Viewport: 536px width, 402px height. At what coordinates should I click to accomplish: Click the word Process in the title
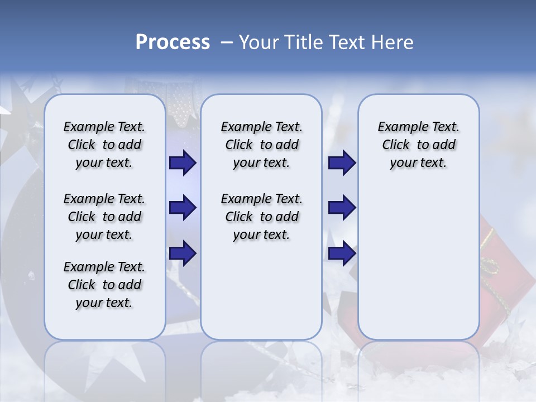[173, 42]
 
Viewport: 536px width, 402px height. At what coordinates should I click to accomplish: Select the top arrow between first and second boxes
[182, 162]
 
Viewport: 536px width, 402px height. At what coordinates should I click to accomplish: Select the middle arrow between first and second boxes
[182, 208]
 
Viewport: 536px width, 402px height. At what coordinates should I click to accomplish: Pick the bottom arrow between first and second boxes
[182, 253]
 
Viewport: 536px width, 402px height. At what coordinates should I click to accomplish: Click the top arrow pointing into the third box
[342, 162]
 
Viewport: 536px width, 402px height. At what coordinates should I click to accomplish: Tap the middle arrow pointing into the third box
[342, 208]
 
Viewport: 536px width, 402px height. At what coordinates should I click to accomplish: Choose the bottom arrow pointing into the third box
[342, 253]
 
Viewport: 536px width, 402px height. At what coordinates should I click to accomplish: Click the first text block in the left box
[104, 145]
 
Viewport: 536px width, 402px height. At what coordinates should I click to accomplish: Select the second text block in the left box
[104, 217]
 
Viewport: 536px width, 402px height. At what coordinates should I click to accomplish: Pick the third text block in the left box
[104, 285]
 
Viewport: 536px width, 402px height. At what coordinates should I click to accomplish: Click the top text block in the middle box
[261, 145]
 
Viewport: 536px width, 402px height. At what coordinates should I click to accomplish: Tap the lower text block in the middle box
[261, 217]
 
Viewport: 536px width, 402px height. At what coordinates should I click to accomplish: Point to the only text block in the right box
[418, 145]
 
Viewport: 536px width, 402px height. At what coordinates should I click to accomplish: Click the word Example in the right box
[398, 127]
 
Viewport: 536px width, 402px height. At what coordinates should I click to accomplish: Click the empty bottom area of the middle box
[261, 296]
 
